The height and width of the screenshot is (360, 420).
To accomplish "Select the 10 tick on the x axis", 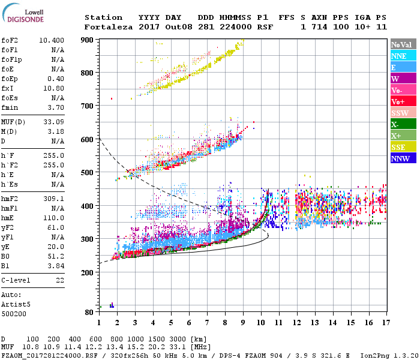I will (x=261, y=323).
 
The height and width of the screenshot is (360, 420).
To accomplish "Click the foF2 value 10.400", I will (x=51, y=40).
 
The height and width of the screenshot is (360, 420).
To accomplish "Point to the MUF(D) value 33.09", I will (x=55, y=122).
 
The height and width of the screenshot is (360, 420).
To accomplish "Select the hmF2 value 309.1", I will (x=55, y=198).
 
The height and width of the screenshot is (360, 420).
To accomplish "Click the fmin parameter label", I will (x=9, y=107).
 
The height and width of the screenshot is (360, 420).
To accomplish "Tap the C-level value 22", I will (x=59, y=280).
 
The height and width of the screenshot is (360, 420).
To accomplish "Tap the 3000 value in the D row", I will (x=178, y=339).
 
